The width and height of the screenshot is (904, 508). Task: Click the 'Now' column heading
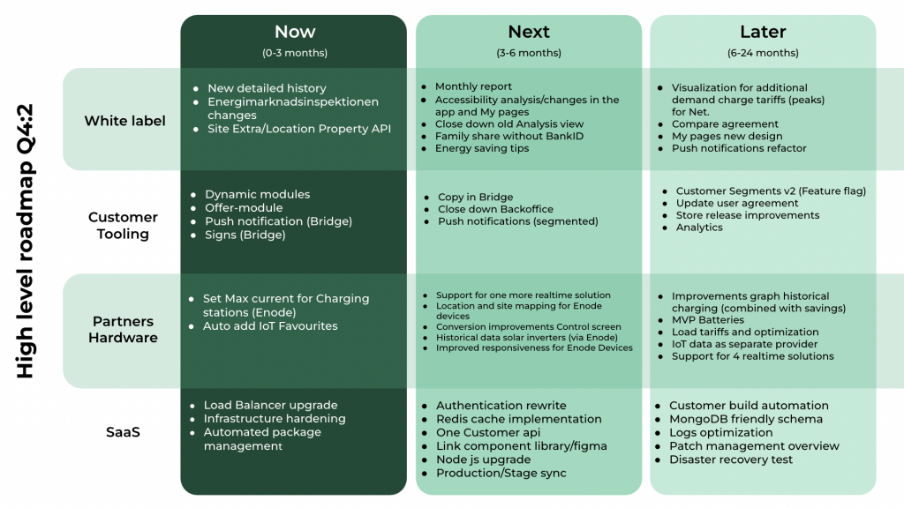(295, 32)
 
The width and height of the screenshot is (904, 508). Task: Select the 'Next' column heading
(529, 32)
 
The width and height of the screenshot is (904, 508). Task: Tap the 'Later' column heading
(763, 32)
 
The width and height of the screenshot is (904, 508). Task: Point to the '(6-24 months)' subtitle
(763, 53)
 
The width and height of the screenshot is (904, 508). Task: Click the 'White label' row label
(125, 121)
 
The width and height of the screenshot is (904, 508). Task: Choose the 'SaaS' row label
(123, 432)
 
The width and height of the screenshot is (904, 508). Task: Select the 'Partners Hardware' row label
(123, 330)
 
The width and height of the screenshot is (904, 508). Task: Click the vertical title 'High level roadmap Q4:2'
(25, 242)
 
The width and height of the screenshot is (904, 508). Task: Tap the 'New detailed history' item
(267, 88)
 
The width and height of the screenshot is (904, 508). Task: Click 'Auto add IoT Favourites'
(270, 326)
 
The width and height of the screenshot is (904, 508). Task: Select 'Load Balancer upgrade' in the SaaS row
(270, 406)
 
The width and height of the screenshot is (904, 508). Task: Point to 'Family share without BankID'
(509, 137)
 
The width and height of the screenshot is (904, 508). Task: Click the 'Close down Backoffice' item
(495, 209)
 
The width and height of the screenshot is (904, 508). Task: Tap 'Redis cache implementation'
(519, 419)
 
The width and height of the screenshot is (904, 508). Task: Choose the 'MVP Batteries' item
(707, 320)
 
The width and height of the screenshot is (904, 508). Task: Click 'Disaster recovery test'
(731, 459)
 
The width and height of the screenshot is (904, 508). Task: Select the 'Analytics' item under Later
(699, 228)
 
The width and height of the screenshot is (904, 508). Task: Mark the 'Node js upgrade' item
(483, 459)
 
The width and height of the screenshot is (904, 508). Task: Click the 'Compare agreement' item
(725, 124)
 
